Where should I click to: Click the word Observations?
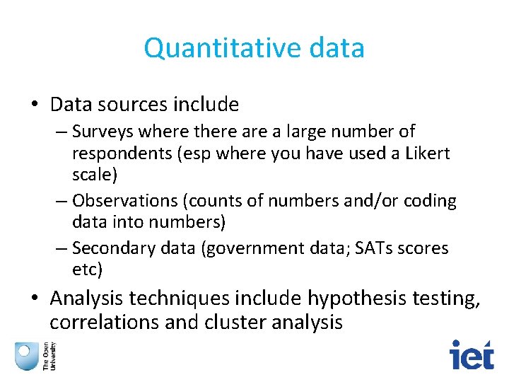(124, 201)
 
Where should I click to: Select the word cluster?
(231, 323)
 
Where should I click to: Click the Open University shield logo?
(27, 355)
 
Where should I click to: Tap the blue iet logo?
(472, 354)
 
